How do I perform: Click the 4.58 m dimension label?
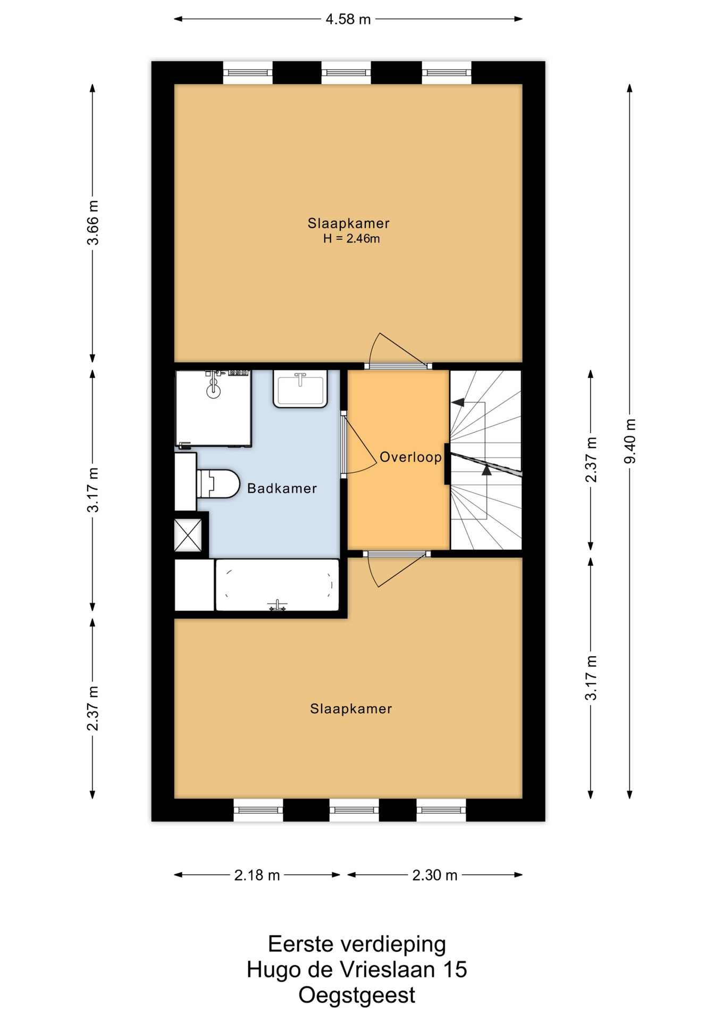tap(348, 19)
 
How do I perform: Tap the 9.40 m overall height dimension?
tap(630, 441)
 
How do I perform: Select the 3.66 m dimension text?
tap(93, 222)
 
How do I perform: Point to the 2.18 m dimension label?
tap(257, 875)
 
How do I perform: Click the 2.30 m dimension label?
tap(434, 875)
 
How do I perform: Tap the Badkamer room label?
tap(282, 488)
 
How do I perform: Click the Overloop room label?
tap(410, 457)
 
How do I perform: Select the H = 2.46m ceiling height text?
tap(351, 238)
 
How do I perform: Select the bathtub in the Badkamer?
tap(277, 585)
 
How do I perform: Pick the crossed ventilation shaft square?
tap(188, 535)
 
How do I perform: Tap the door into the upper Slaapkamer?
tap(398, 351)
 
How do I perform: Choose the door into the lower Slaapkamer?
tap(397, 569)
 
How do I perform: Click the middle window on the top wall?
tap(346, 72)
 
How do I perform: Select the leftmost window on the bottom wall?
tap(258, 810)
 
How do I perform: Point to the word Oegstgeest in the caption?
tap(357, 995)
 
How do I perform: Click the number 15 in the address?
tap(455, 969)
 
